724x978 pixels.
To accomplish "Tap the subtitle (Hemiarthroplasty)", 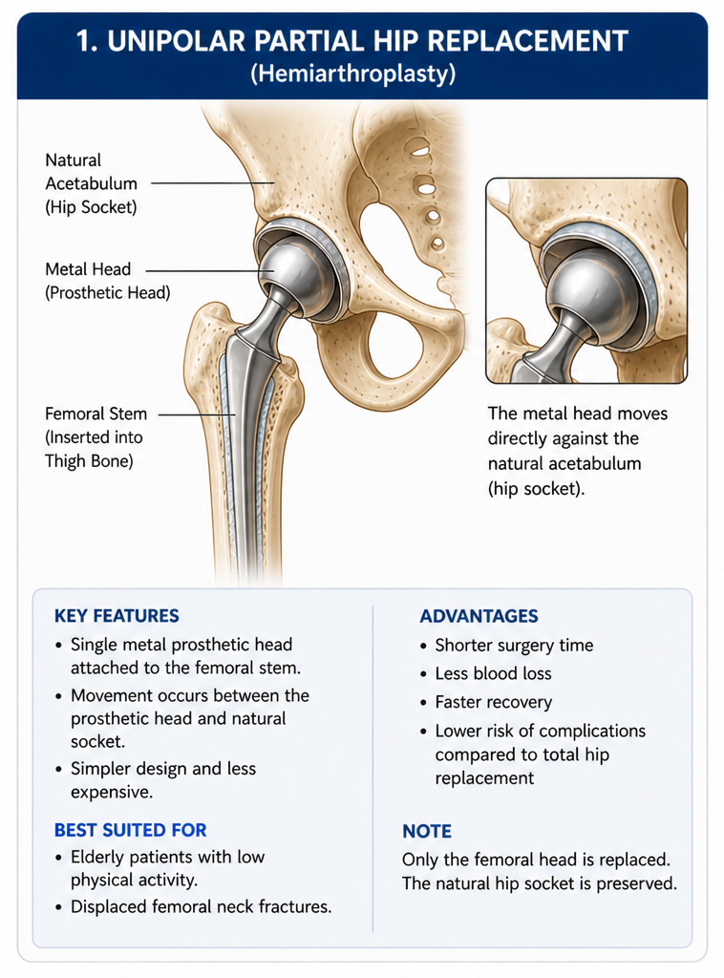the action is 353,74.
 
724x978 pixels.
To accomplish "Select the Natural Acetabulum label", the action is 91,183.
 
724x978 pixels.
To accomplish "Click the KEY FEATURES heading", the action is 117,616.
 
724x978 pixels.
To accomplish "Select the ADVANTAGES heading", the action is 479,616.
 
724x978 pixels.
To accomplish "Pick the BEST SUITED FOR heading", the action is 130,830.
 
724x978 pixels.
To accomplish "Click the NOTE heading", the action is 427,832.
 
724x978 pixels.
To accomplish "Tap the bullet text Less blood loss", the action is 493,673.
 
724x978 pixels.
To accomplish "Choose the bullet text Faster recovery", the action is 494,702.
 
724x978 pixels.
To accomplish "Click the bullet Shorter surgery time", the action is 515,645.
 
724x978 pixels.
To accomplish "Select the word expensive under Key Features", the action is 112,792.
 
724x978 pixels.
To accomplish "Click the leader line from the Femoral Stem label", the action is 197,415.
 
